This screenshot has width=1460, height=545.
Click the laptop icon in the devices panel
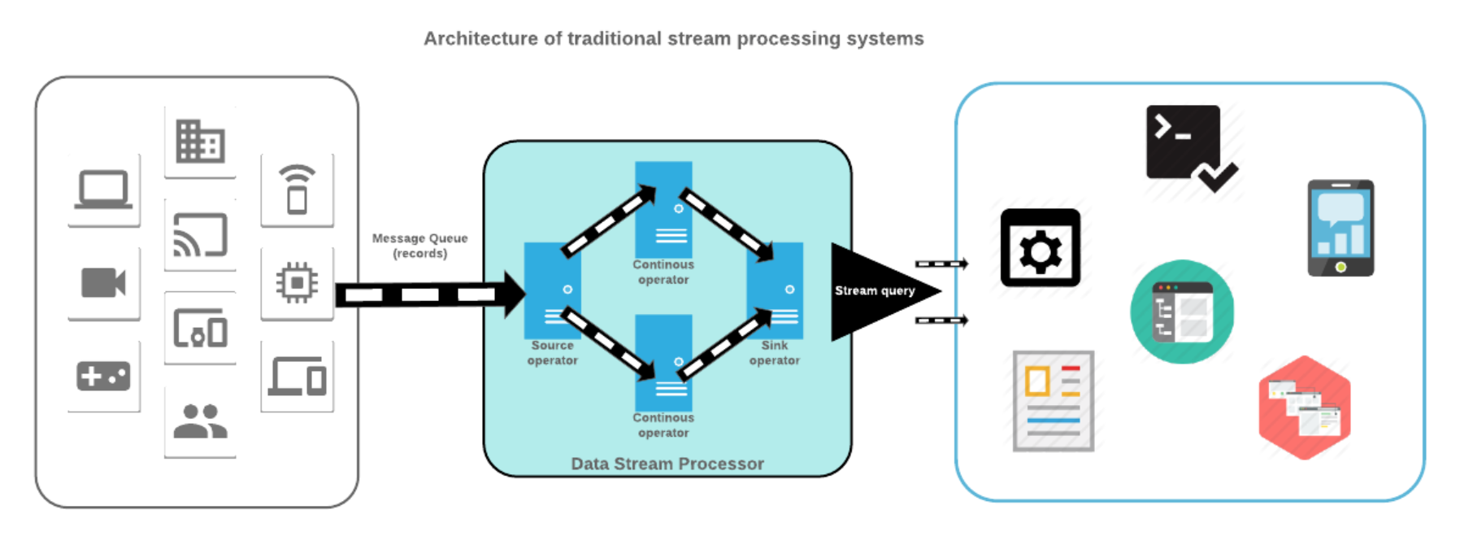[x=103, y=190]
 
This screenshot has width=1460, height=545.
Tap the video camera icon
[x=103, y=283]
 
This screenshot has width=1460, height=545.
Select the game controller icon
[x=103, y=377]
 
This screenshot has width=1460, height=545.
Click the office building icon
[x=200, y=142]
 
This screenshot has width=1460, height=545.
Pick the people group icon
[x=200, y=421]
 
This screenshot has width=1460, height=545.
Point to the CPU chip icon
[x=297, y=283]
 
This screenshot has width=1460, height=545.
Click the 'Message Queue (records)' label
[x=419, y=246]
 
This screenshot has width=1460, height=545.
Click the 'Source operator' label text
[x=553, y=353]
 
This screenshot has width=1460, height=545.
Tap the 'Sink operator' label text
[x=774, y=353]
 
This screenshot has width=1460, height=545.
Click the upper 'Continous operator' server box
[x=663, y=209]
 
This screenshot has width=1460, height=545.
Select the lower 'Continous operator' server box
[x=663, y=363]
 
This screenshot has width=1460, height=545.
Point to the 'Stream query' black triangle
[x=870, y=291]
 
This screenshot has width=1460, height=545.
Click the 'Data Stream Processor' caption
[x=667, y=464]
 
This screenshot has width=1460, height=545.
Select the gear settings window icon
[x=1040, y=248]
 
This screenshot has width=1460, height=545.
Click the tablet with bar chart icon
[x=1341, y=229]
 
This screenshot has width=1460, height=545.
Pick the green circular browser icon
[x=1182, y=312]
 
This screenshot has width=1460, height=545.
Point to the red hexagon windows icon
[x=1304, y=408]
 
